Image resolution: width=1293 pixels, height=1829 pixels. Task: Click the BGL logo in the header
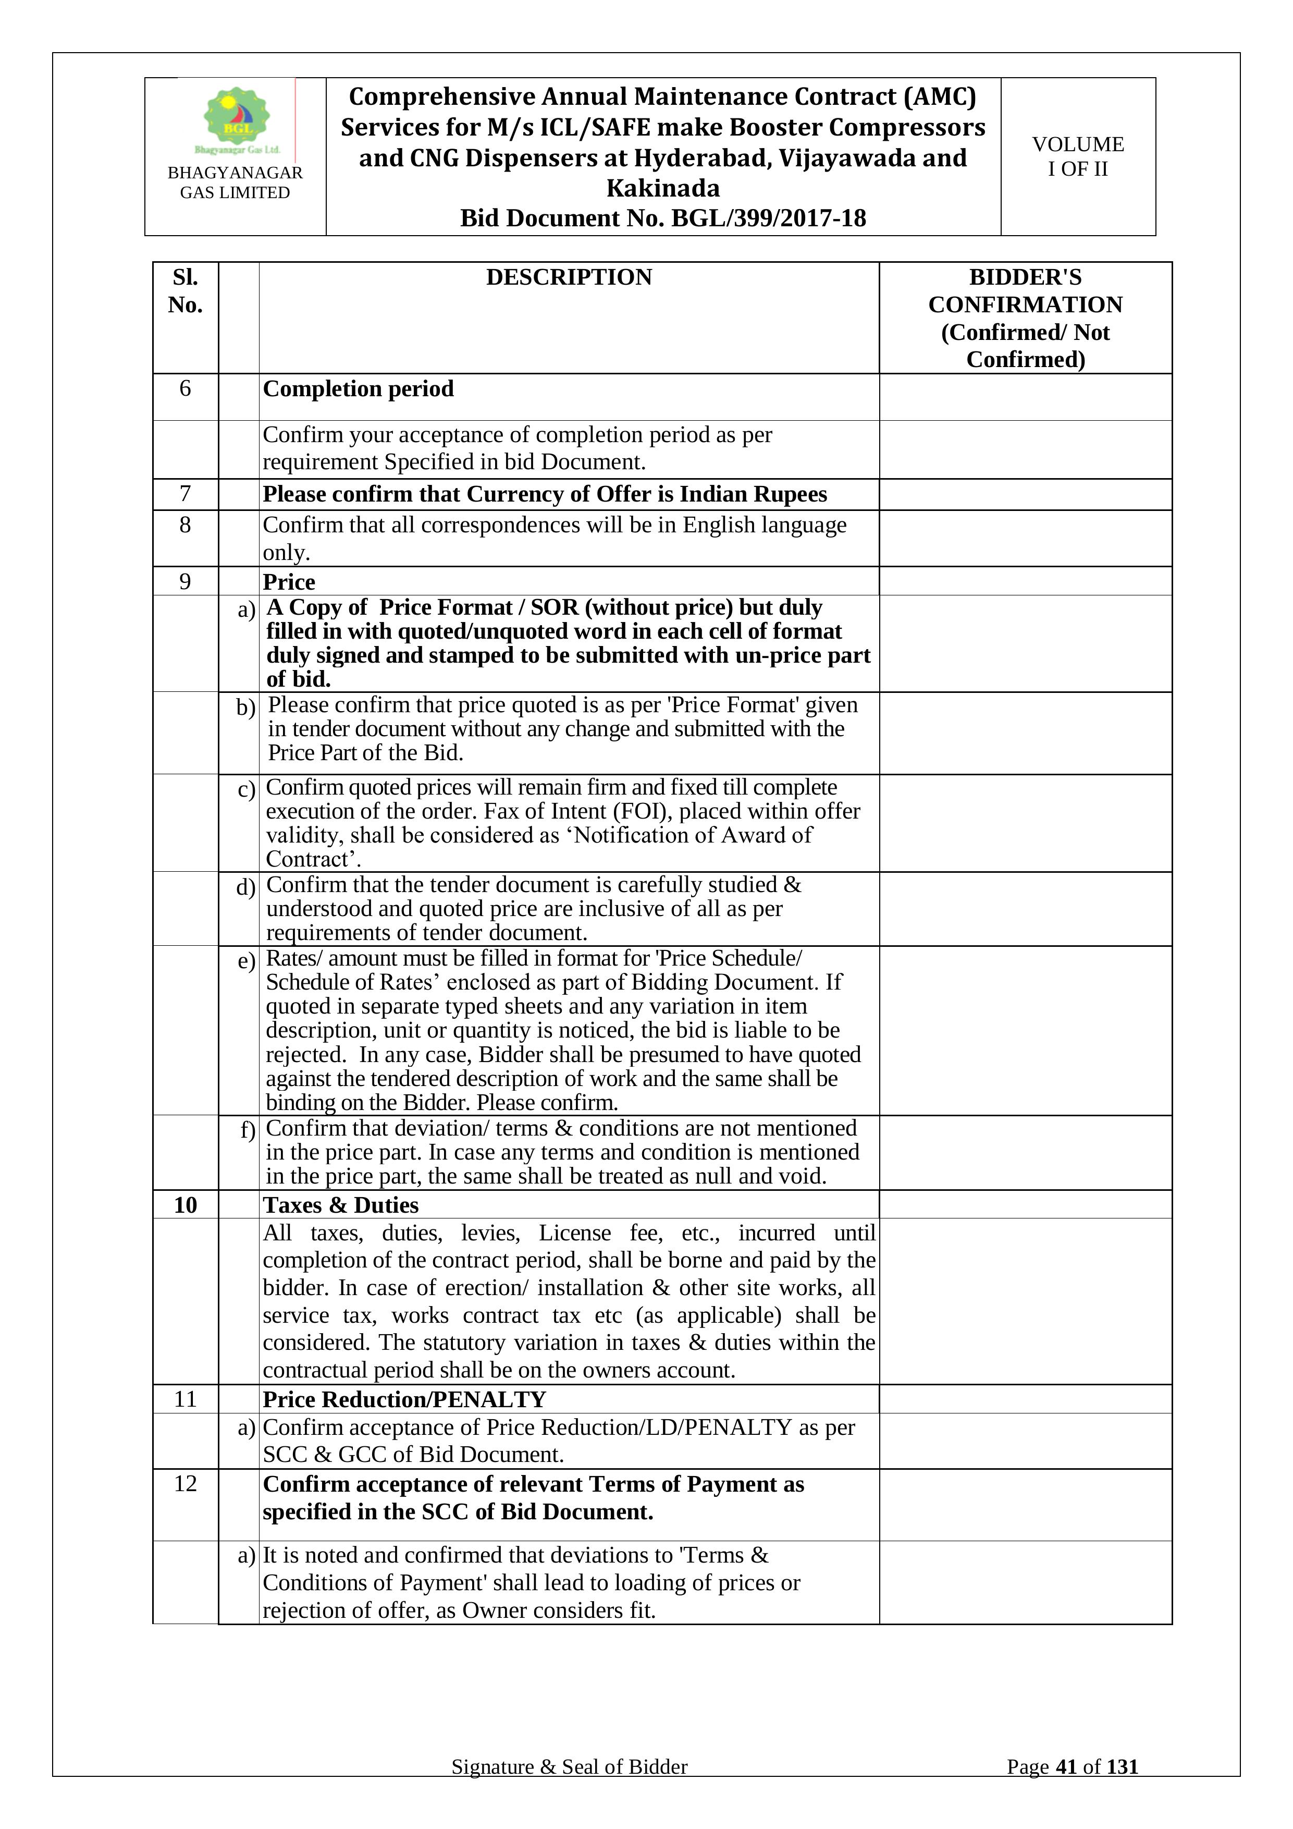click(x=237, y=119)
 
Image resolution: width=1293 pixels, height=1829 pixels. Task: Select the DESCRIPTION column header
click(x=569, y=277)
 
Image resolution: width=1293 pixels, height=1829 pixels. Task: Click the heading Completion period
click(x=358, y=389)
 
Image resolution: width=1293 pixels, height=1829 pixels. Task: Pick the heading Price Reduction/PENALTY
click(x=404, y=1399)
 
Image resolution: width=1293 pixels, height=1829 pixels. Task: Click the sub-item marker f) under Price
click(x=248, y=1130)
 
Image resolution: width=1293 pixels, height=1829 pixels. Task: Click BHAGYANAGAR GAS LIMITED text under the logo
click(x=235, y=182)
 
